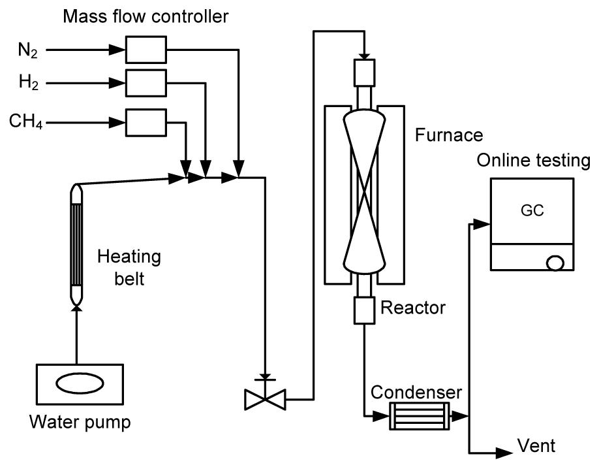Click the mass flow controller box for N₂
pos(146,49)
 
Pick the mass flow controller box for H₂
pos(146,82)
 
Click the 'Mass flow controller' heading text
pos(146,16)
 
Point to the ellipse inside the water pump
pos(77,383)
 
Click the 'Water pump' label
pos(80,422)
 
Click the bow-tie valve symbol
pos(264,398)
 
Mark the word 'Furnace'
pos(449,136)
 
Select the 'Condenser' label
pos(416,392)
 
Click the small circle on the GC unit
pos(555,263)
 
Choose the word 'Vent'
pos(536,447)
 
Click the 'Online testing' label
pos(533,161)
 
